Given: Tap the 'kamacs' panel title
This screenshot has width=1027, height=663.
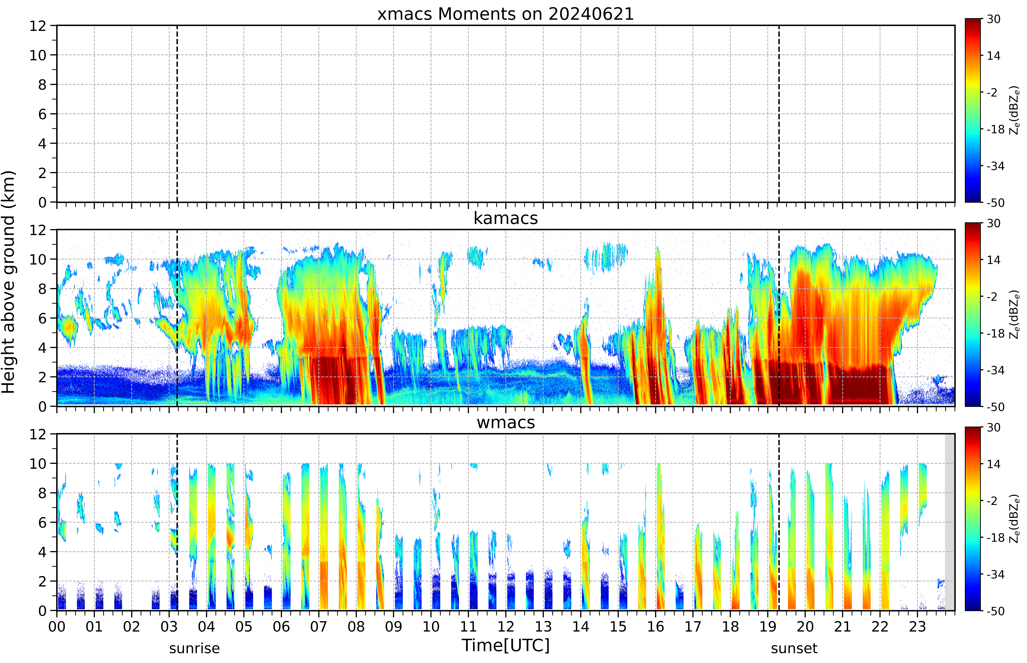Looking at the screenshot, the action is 506,218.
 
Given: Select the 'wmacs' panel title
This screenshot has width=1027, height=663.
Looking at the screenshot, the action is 506,422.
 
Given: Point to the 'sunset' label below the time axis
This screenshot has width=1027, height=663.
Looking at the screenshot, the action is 794,648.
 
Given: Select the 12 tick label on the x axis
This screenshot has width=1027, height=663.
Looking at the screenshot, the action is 506,626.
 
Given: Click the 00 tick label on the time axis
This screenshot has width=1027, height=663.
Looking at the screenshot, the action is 57,626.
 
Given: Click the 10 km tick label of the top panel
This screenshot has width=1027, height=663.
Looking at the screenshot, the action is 38,55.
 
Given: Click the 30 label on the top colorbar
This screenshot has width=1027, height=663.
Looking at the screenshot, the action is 993,19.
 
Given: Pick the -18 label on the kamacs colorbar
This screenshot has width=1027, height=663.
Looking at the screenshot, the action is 995,334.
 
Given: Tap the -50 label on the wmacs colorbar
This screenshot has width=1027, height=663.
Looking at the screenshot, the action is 995,611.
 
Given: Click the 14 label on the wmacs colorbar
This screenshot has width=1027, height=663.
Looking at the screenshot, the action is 993,464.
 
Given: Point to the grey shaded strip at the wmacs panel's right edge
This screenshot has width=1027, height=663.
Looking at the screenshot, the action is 949,522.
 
